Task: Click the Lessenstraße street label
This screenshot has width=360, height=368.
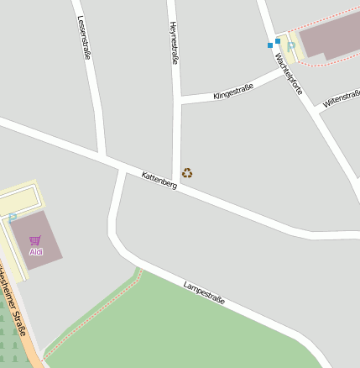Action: click(84, 38)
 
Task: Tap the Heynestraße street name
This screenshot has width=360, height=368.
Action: click(174, 42)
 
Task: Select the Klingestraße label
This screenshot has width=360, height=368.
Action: click(233, 91)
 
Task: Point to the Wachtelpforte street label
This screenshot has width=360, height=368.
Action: click(289, 73)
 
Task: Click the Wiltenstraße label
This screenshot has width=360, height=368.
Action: click(341, 99)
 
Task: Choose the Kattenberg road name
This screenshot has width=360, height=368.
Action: click(159, 180)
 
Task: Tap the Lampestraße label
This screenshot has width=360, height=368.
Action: click(204, 292)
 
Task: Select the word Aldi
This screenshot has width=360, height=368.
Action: click(35, 251)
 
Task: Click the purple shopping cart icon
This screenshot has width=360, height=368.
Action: click(35, 240)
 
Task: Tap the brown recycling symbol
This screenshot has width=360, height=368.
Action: click(187, 173)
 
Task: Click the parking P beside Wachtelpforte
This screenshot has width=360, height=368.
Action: click(291, 45)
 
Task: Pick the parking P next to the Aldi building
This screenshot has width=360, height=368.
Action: click(13, 217)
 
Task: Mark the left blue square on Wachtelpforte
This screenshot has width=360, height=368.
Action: click(269, 45)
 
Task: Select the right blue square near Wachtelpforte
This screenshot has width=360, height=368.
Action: click(278, 40)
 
